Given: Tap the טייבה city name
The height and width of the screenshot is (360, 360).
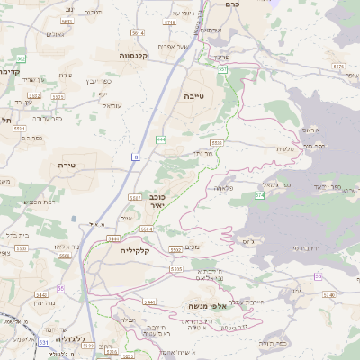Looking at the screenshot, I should click(194, 94).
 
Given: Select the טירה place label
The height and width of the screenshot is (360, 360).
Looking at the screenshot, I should click(64, 165).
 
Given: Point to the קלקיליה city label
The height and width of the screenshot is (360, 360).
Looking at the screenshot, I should click(139, 251).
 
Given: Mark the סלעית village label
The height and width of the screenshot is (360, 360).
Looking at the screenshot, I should click(286, 148).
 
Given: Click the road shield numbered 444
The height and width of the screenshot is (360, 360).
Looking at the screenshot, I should click(161, 139).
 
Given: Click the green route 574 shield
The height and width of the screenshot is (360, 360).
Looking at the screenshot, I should click(259, 194).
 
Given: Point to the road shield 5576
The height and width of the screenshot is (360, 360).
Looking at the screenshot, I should click(338, 67).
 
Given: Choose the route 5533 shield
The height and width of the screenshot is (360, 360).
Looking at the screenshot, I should click(216, 142).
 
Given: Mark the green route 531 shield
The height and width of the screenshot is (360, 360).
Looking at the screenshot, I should click(43, 342).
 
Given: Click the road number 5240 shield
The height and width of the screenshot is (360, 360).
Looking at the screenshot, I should click(330, 294).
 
